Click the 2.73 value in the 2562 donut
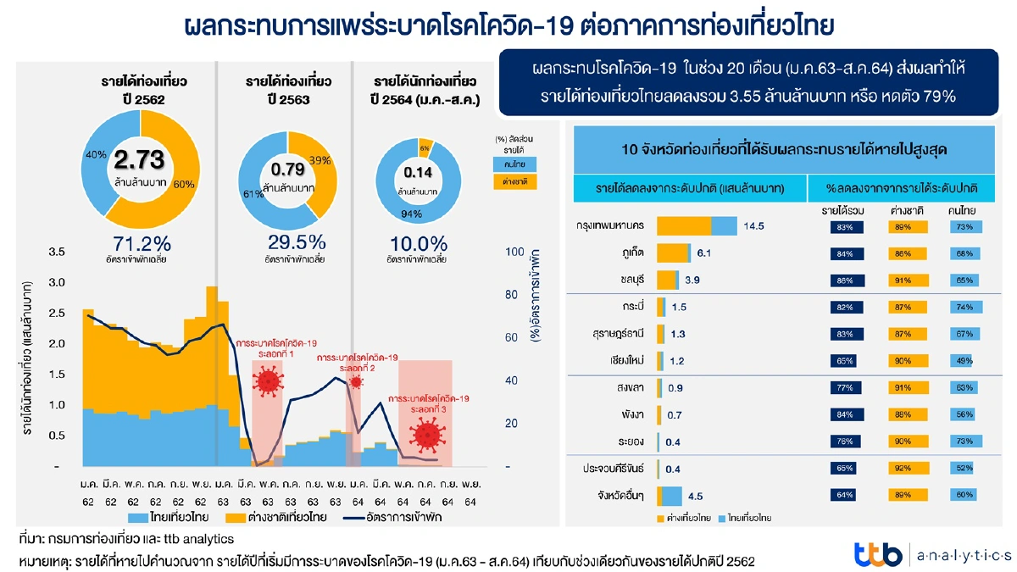tap(139, 160)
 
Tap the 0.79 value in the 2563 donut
tap(288, 169)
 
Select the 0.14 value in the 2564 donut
tap(418, 172)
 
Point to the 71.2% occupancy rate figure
tap(139, 242)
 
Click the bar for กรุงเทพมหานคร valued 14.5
tap(697, 226)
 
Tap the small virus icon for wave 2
tap(356, 382)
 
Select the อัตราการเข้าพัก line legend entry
tap(386, 516)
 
